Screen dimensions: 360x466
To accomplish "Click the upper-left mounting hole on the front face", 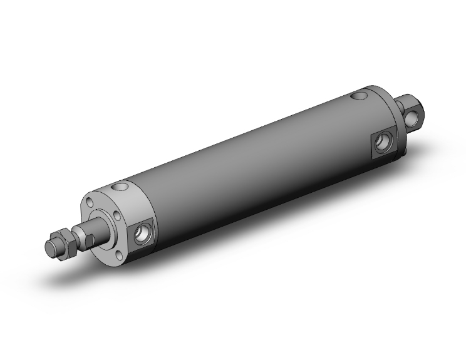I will (93, 202).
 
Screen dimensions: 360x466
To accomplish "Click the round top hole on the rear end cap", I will (358, 96).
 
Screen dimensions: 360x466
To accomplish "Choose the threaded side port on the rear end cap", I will (381, 145).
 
